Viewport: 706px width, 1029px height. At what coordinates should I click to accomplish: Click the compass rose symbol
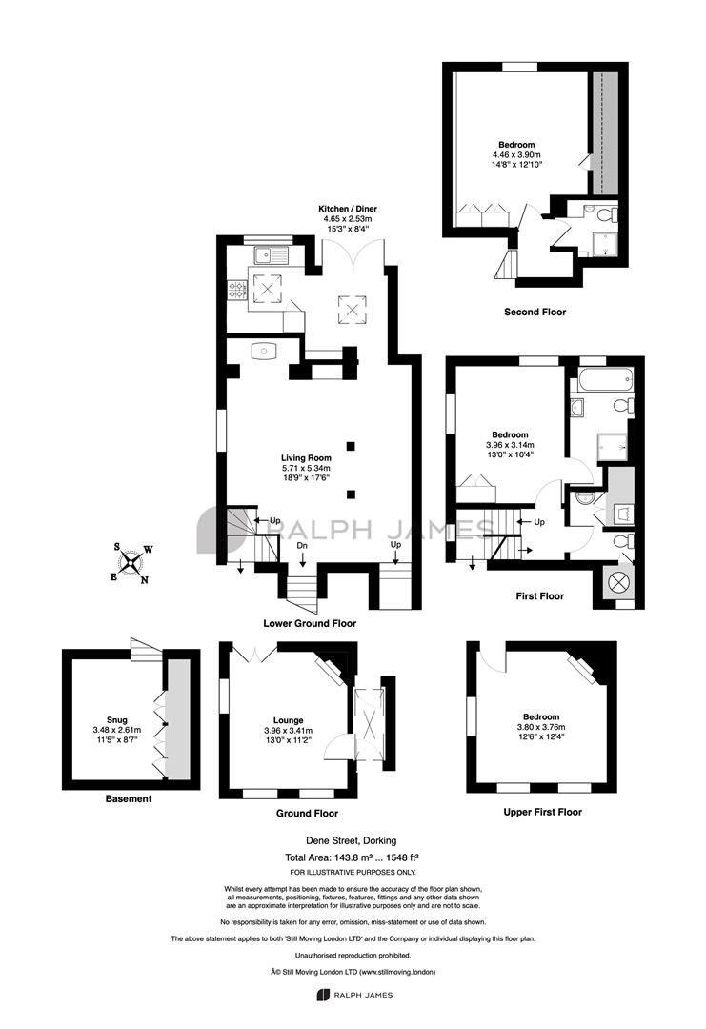click(x=131, y=562)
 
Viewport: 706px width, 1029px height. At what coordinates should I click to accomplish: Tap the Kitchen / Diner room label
click(x=348, y=209)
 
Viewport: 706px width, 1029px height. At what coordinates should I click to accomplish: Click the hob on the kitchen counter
click(x=237, y=289)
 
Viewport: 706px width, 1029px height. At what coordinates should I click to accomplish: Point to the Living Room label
click(x=306, y=458)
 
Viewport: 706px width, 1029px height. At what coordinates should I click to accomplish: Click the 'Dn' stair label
click(x=302, y=545)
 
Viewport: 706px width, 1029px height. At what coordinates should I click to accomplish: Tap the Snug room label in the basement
click(x=117, y=720)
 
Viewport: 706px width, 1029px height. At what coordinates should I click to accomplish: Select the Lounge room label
click(x=288, y=720)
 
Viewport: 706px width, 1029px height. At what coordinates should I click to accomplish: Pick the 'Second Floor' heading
click(x=535, y=312)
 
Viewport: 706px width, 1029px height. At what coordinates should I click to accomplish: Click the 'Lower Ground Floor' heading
click(x=310, y=623)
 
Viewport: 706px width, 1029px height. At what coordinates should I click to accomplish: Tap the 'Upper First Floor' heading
click(x=543, y=812)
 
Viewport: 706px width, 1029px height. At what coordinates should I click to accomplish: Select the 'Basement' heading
click(x=129, y=798)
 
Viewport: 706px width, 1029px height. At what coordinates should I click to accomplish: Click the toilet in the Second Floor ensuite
click(x=608, y=214)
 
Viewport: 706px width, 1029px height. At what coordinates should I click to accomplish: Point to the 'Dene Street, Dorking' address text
click(x=351, y=840)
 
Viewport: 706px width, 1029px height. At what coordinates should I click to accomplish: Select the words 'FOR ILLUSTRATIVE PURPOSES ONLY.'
click(x=353, y=872)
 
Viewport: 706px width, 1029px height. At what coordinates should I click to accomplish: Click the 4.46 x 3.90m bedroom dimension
click(x=517, y=154)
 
